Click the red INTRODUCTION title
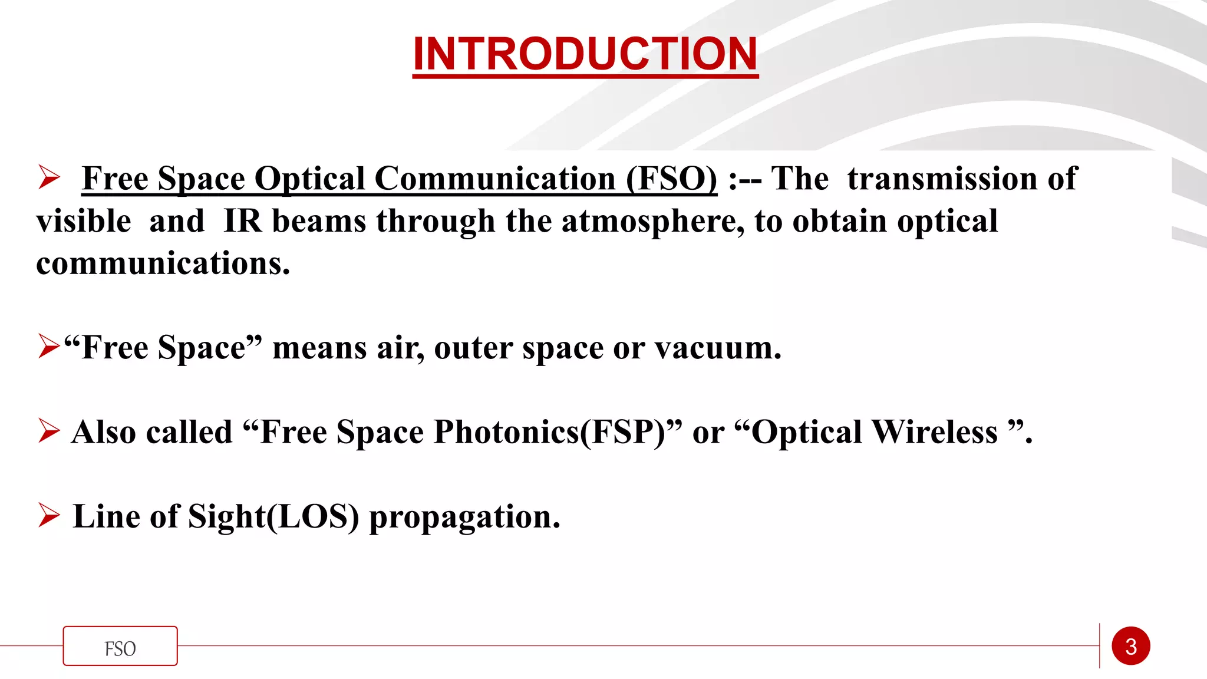[585, 54]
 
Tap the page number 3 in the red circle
[1130, 647]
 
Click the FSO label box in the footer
[120, 647]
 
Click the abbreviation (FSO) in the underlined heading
[671, 179]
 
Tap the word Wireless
[934, 432]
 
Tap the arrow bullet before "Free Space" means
[49, 346]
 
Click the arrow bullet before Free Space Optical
[49, 177]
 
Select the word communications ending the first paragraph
[163, 263]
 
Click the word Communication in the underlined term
[495, 179]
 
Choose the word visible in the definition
[84, 222]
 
